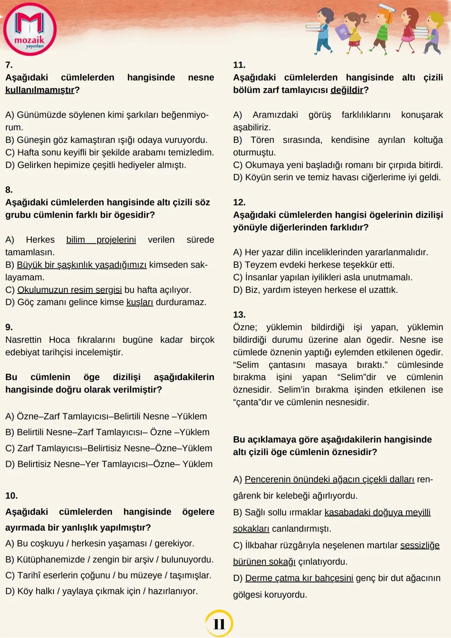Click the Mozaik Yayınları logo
[30, 29]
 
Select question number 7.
[9, 65]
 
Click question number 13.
[239, 315]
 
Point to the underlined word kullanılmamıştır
[40, 90]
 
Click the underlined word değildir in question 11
[347, 90]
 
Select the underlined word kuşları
[139, 302]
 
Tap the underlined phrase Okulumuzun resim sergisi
[69, 290]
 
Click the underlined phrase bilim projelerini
[101, 240]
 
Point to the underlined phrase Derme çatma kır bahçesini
[299, 578]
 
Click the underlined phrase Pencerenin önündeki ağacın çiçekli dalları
[329, 479]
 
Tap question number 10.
[11, 496]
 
